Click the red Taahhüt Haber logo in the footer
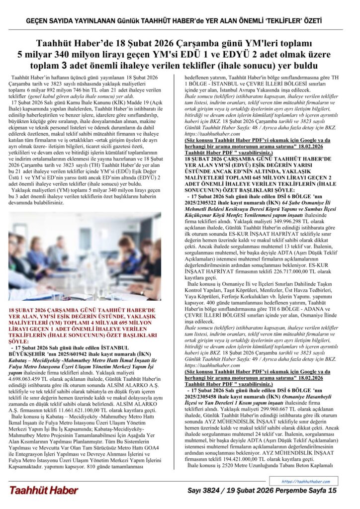[43, 491]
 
